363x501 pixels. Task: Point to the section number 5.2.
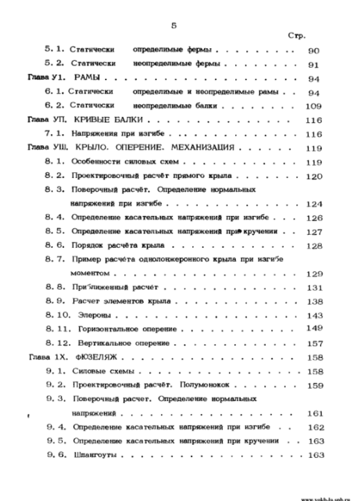pos(53,65)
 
